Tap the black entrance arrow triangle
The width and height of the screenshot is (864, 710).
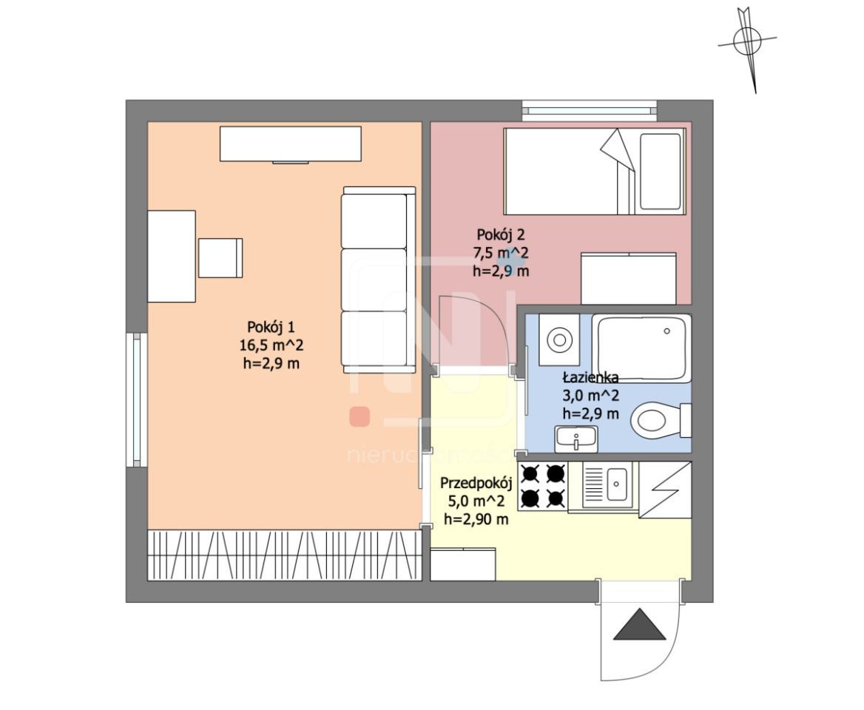(x=640, y=625)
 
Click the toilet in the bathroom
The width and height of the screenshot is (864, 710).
(x=661, y=422)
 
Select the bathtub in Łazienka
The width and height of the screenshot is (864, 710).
(x=641, y=348)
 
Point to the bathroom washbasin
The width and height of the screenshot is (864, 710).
(x=576, y=439)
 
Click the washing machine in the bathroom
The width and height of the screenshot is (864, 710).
(x=558, y=340)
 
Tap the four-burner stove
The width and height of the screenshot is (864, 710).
(x=543, y=487)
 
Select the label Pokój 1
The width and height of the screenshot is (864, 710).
(x=271, y=327)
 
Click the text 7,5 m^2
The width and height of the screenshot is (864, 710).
(x=500, y=253)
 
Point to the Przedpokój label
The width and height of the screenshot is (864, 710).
(x=476, y=483)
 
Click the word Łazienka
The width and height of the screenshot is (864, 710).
(x=590, y=378)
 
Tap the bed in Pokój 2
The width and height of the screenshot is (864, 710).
(x=595, y=172)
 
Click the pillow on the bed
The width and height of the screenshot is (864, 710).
(x=660, y=172)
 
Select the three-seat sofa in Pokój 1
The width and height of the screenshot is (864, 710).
(x=378, y=280)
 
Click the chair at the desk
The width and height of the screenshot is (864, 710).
(x=220, y=258)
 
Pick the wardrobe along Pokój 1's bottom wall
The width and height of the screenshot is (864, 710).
(x=284, y=555)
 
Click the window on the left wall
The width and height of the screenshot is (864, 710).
(x=136, y=400)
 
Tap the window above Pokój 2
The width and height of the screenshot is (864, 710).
(x=590, y=110)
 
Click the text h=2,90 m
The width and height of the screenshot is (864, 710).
(x=476, y=519)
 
